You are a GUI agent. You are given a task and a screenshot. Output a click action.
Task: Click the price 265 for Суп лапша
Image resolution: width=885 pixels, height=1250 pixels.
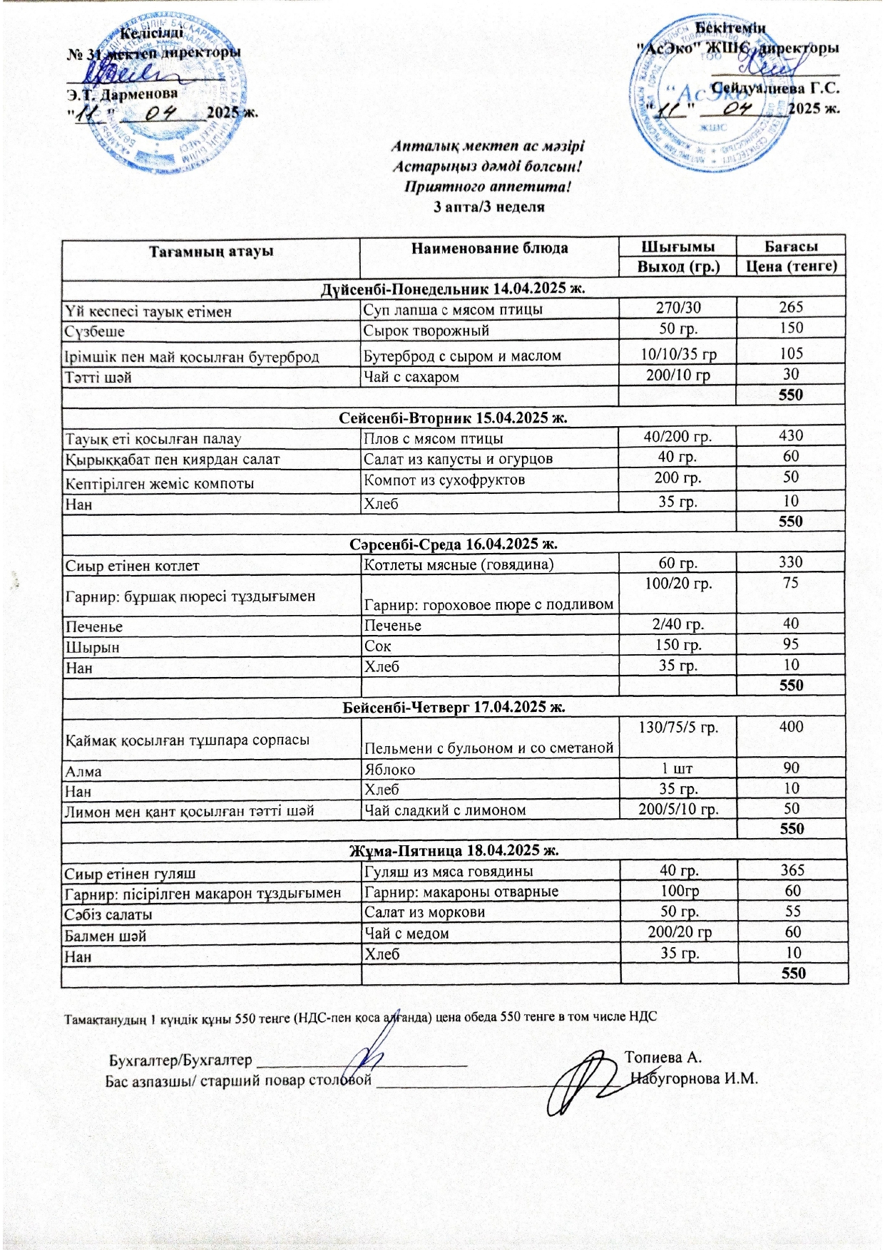(x=791, y=307)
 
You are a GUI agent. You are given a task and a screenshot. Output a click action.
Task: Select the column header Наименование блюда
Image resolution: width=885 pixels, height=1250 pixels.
(x=489, y=249)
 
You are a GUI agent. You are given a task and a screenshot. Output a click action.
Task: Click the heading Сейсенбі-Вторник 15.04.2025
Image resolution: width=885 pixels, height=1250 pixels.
(x=454, y=418)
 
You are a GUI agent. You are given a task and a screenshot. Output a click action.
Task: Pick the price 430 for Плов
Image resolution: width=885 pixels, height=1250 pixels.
(x=791, y=435)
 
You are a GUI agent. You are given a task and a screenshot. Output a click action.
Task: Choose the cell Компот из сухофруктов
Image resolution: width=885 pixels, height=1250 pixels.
(x=444, y=480)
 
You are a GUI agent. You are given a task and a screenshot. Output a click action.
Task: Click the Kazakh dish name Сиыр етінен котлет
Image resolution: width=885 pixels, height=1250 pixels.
(x=132, y=566)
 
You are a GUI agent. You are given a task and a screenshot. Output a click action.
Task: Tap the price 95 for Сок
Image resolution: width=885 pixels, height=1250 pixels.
(x=791, y=644)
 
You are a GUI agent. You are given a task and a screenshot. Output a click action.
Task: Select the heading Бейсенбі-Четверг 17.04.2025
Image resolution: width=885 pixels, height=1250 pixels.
(x=454, y=707)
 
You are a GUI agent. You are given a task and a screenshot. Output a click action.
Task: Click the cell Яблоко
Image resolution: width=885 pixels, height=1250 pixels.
(x=389, y=770)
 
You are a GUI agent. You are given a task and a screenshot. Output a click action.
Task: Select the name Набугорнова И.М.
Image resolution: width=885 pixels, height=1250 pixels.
(x=693, y=1078)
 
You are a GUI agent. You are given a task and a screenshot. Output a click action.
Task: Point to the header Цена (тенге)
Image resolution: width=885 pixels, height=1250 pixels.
(x=791, y=267)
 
